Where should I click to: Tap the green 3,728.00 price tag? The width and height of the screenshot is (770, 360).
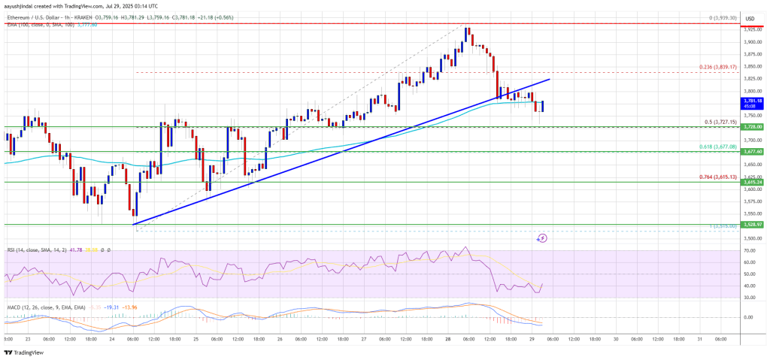click(x=752, y=127)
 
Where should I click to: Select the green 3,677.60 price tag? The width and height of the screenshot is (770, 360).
click(x=752, y=151)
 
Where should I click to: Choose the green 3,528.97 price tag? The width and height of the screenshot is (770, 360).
click(x=752, y=224)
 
